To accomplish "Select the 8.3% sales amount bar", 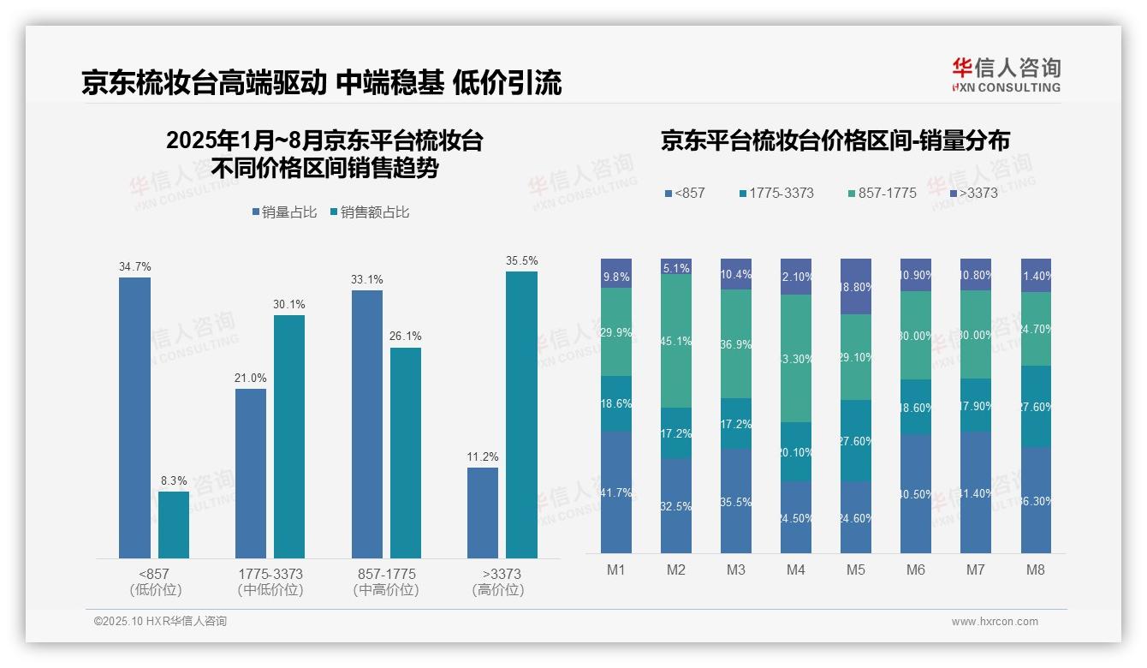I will coord(174,525).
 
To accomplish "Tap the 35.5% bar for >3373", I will coord(521,415).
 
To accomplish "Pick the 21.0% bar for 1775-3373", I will coord(251,474).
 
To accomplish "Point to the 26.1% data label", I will coord(406,337).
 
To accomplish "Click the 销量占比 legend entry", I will coord(284,212).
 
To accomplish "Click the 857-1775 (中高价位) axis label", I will coord(386,582).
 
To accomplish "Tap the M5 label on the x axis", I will coord(856,570).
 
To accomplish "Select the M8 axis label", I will coord(1036,570).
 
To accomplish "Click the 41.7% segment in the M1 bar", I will coord(616,492).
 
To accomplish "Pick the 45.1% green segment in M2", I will coord(676,341).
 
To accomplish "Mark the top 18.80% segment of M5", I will coord(856,286).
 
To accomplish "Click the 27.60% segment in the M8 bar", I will coord(1036,407).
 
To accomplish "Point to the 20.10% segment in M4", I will coord(796,451).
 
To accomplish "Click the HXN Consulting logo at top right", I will coord(1006,75).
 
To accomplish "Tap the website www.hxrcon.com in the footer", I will coord(995,622).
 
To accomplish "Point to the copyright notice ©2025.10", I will coord(160,622).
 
